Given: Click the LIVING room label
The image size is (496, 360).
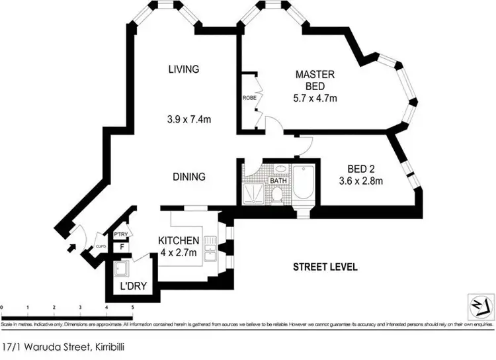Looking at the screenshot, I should tap(183, 69).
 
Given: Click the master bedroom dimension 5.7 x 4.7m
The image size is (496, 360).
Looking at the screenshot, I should tap(315, 99).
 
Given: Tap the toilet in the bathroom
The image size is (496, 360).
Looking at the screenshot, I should tap(278, 193).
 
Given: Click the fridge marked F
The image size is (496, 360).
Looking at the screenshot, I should tap(121, 247).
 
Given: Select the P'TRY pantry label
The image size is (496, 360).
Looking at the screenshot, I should tap(121, 235).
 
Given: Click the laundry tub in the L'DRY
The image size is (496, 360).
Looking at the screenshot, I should tap(122, 269).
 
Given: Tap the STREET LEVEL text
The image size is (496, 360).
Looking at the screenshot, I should tap(325, 267).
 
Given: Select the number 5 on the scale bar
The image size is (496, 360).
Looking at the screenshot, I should tap(133, 308).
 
